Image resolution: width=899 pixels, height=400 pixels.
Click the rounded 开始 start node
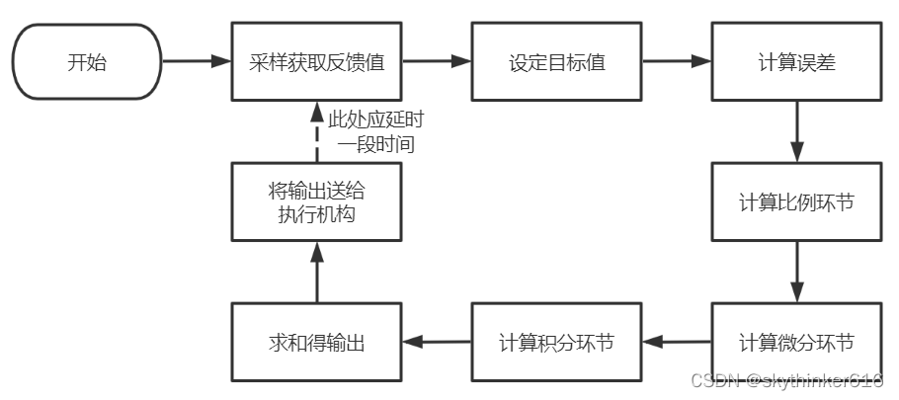click(87, 62)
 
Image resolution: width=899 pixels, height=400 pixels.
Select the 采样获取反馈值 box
click(316, 62)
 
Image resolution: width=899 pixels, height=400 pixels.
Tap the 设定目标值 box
click(557, 62)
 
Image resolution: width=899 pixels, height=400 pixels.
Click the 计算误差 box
click(797, 62)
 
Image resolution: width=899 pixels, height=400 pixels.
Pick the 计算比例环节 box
click(797, 201)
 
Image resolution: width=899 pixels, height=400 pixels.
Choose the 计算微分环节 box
click(797, 342)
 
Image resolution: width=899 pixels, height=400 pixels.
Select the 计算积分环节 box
click(557, 342)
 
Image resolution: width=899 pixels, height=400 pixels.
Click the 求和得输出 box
click(316, 342)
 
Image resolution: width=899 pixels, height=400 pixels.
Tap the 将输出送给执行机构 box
click(316, 201)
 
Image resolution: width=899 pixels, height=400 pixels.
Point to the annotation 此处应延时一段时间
click(376, 131)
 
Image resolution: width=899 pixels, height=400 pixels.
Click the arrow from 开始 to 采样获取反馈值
click(197, 61)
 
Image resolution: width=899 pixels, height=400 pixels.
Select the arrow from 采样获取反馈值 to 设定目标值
click(437, 61)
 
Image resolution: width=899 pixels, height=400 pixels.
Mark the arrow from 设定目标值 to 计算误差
click(677, 61)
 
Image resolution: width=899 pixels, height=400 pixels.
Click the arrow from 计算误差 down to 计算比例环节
click(797, 131)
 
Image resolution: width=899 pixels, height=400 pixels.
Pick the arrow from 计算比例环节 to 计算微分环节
click(797, 273)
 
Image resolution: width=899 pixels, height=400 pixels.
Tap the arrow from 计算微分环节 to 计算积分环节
click(677, 342)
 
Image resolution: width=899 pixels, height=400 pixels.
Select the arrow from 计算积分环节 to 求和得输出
click(437, 342)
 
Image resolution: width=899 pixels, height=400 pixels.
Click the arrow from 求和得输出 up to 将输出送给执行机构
click(317, 273)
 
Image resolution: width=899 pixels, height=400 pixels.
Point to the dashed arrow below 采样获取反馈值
click(317, 131)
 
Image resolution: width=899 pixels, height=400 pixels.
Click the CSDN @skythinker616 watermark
click(786, 380)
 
